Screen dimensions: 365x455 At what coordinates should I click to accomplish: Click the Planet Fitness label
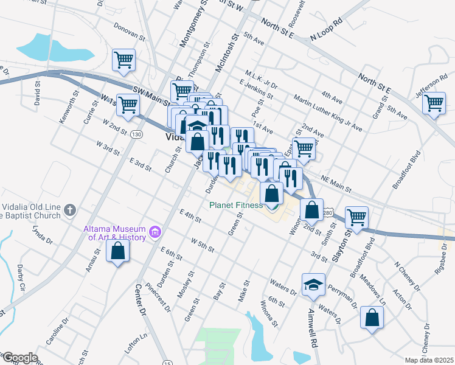236,205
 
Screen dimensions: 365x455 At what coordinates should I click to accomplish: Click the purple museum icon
155,232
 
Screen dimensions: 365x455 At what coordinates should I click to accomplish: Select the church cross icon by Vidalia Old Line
70,210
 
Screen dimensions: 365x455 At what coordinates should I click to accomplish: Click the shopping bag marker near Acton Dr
372,318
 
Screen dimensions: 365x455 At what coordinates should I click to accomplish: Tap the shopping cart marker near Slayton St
356,217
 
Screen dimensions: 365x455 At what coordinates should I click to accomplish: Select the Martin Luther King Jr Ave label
327,113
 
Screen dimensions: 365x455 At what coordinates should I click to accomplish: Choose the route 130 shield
137,134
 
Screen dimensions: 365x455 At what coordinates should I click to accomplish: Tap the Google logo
19,358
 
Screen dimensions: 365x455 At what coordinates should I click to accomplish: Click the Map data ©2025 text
429,360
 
